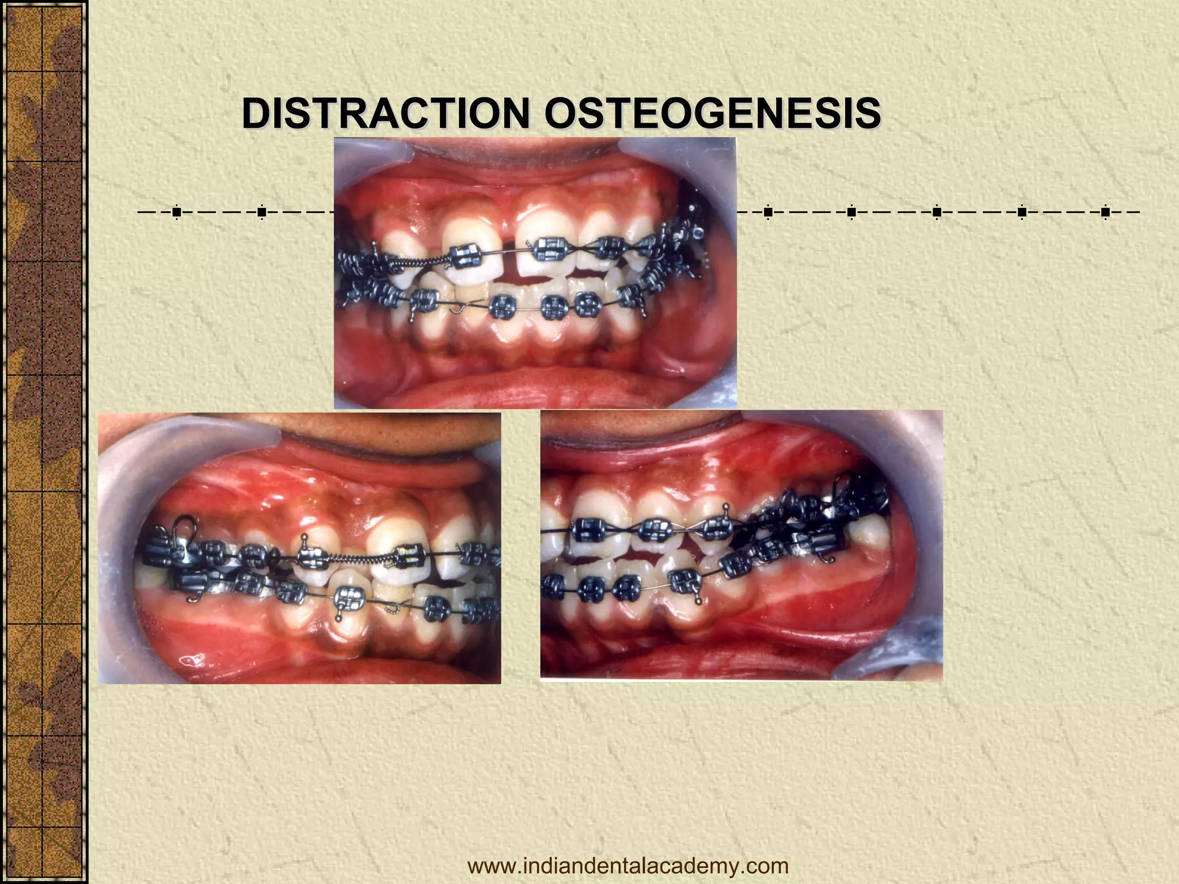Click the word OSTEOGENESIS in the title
point(712,113)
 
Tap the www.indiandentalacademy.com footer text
point(627,866)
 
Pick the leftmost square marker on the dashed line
point(176,212)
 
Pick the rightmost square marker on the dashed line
point(1105,212)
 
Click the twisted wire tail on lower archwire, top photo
point(458,310)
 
